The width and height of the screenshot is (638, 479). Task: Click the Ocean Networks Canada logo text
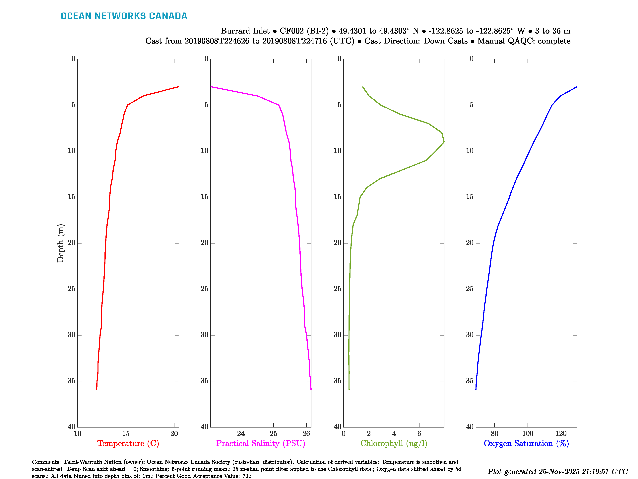[x=124, y=16]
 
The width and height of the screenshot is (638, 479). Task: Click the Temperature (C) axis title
[x=128, y=443]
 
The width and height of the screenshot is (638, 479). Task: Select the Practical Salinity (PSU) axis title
[x=260, y=443]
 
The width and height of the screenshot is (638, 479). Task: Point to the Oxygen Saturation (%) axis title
[x=526, y=443]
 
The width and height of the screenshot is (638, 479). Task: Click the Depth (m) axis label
[x=60, y=243]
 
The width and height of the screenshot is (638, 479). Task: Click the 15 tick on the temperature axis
[x=126, y=433]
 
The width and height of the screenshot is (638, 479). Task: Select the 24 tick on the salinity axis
[x=241, y=433]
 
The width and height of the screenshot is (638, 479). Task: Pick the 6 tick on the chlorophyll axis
[x=419, y=433]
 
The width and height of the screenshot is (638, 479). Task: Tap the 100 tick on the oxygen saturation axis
[x=528, y=433]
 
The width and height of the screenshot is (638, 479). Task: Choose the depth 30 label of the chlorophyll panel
[x=338, y=335]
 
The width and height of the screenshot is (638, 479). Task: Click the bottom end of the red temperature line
[x=97, y=390]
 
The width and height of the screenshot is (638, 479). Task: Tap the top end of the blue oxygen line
[x=577, y=87]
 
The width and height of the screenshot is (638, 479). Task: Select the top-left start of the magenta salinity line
[x=211, y=87]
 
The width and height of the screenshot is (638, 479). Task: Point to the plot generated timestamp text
[x=557, y=471]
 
